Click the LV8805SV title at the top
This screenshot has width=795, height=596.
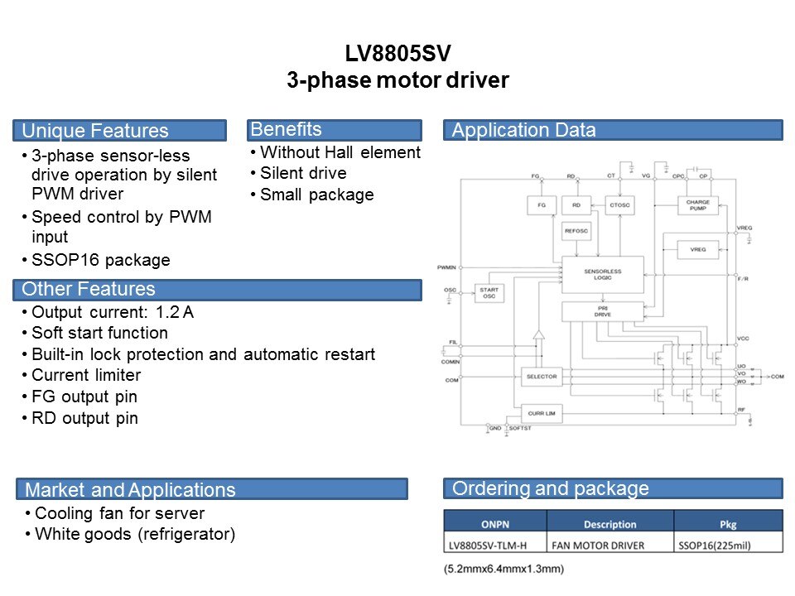[398, 54]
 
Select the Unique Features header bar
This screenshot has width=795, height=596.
[119, 131]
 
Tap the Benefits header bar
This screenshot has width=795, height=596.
[334, 129]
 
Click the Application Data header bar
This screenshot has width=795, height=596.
[613, 130]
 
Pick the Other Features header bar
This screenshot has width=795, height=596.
[216, 289]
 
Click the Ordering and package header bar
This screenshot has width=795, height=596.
[613, 488]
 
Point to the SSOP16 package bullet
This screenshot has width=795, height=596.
[100, 260]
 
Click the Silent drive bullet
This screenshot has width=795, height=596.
[303, 173]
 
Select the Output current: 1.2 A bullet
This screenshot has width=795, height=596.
[112, 312]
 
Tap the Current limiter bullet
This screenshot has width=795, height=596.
[86, 376]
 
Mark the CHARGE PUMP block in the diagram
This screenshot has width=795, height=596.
[698, 205]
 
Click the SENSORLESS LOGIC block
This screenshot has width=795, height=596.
[602, 274]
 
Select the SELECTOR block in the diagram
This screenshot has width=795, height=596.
[542, 377]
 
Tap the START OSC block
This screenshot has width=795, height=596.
[489, 292]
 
